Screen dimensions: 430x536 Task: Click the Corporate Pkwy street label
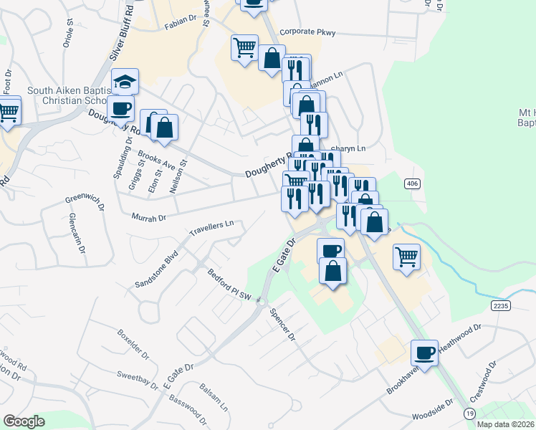click(307, 32)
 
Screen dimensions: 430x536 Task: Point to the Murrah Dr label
click(149, 216)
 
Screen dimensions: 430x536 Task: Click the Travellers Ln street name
click(211, 228)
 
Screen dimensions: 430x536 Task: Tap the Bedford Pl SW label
click(230, 287)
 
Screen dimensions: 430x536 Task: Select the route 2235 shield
click(501, 305)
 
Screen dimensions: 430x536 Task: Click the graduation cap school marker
click(125, 81)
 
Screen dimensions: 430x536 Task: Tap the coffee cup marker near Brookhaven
click(425, 352)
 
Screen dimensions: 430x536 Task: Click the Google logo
click(24, 421)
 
